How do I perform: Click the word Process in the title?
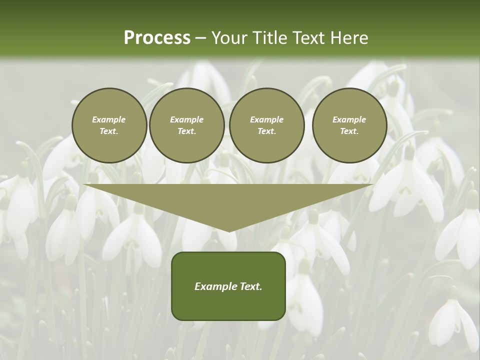pos(157,38)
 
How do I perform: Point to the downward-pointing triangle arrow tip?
pos(228,229)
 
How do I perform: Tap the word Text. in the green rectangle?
pos(250,286)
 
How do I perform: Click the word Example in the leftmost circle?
pos(109,119)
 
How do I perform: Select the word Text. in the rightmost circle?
pos(349,131)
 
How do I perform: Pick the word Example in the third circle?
pos(266,119)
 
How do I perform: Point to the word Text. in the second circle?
pos(186,131)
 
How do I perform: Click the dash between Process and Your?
pos(200,38)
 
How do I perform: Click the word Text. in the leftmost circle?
pos(109,131)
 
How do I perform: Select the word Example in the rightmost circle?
pos(349,119)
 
